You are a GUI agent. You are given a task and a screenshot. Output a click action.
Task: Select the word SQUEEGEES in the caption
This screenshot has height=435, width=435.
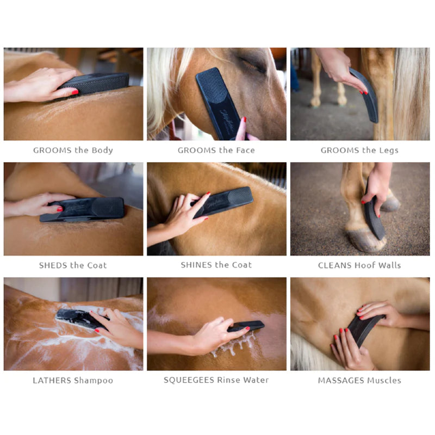pyautogui.click(x=189, y=380)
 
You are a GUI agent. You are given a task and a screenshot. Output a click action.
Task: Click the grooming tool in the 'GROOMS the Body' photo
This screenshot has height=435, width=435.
pyautogui.click(x=98, y=83)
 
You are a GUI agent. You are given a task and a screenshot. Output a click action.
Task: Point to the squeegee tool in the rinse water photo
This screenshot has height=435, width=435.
pyautogui.click(x=247, y=326)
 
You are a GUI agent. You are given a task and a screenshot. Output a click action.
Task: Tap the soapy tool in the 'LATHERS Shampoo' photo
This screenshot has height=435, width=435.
pyautogui.click(x=76, y=318)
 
